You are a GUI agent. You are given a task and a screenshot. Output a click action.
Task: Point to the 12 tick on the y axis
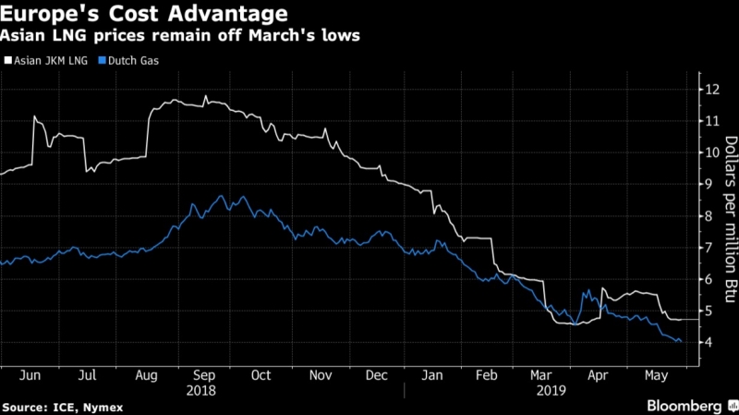pos(712,90)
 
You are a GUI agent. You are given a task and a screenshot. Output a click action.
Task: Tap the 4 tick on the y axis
pos(709,343)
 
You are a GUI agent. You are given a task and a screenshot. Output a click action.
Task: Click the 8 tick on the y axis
pos(709,216)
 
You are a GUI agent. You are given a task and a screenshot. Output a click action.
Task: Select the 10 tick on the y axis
pos(712,153)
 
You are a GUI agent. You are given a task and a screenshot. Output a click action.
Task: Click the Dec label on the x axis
pos(378,376)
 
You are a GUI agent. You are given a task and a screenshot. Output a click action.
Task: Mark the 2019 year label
pos(551,391)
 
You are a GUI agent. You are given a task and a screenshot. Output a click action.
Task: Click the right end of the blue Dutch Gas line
pos(682,342)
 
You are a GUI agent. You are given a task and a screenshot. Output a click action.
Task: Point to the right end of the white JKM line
pos(684,319)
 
